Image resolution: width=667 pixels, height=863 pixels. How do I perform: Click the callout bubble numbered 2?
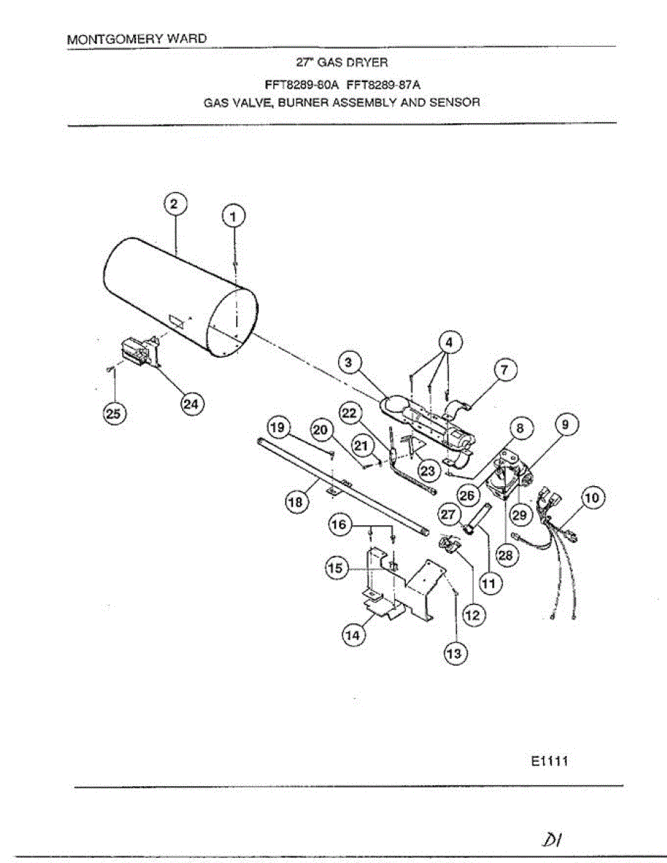coord(173,204)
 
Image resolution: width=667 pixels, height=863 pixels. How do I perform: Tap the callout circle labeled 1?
coord(233,215)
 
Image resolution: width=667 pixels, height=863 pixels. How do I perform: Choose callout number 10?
coord(594,497)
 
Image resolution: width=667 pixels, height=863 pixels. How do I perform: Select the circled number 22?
coord(350,413)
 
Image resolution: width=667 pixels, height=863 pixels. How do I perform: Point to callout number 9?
coord(566,426)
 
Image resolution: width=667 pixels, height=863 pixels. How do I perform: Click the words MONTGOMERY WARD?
coord(137,40)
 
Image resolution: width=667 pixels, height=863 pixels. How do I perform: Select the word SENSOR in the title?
coord(455,102)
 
